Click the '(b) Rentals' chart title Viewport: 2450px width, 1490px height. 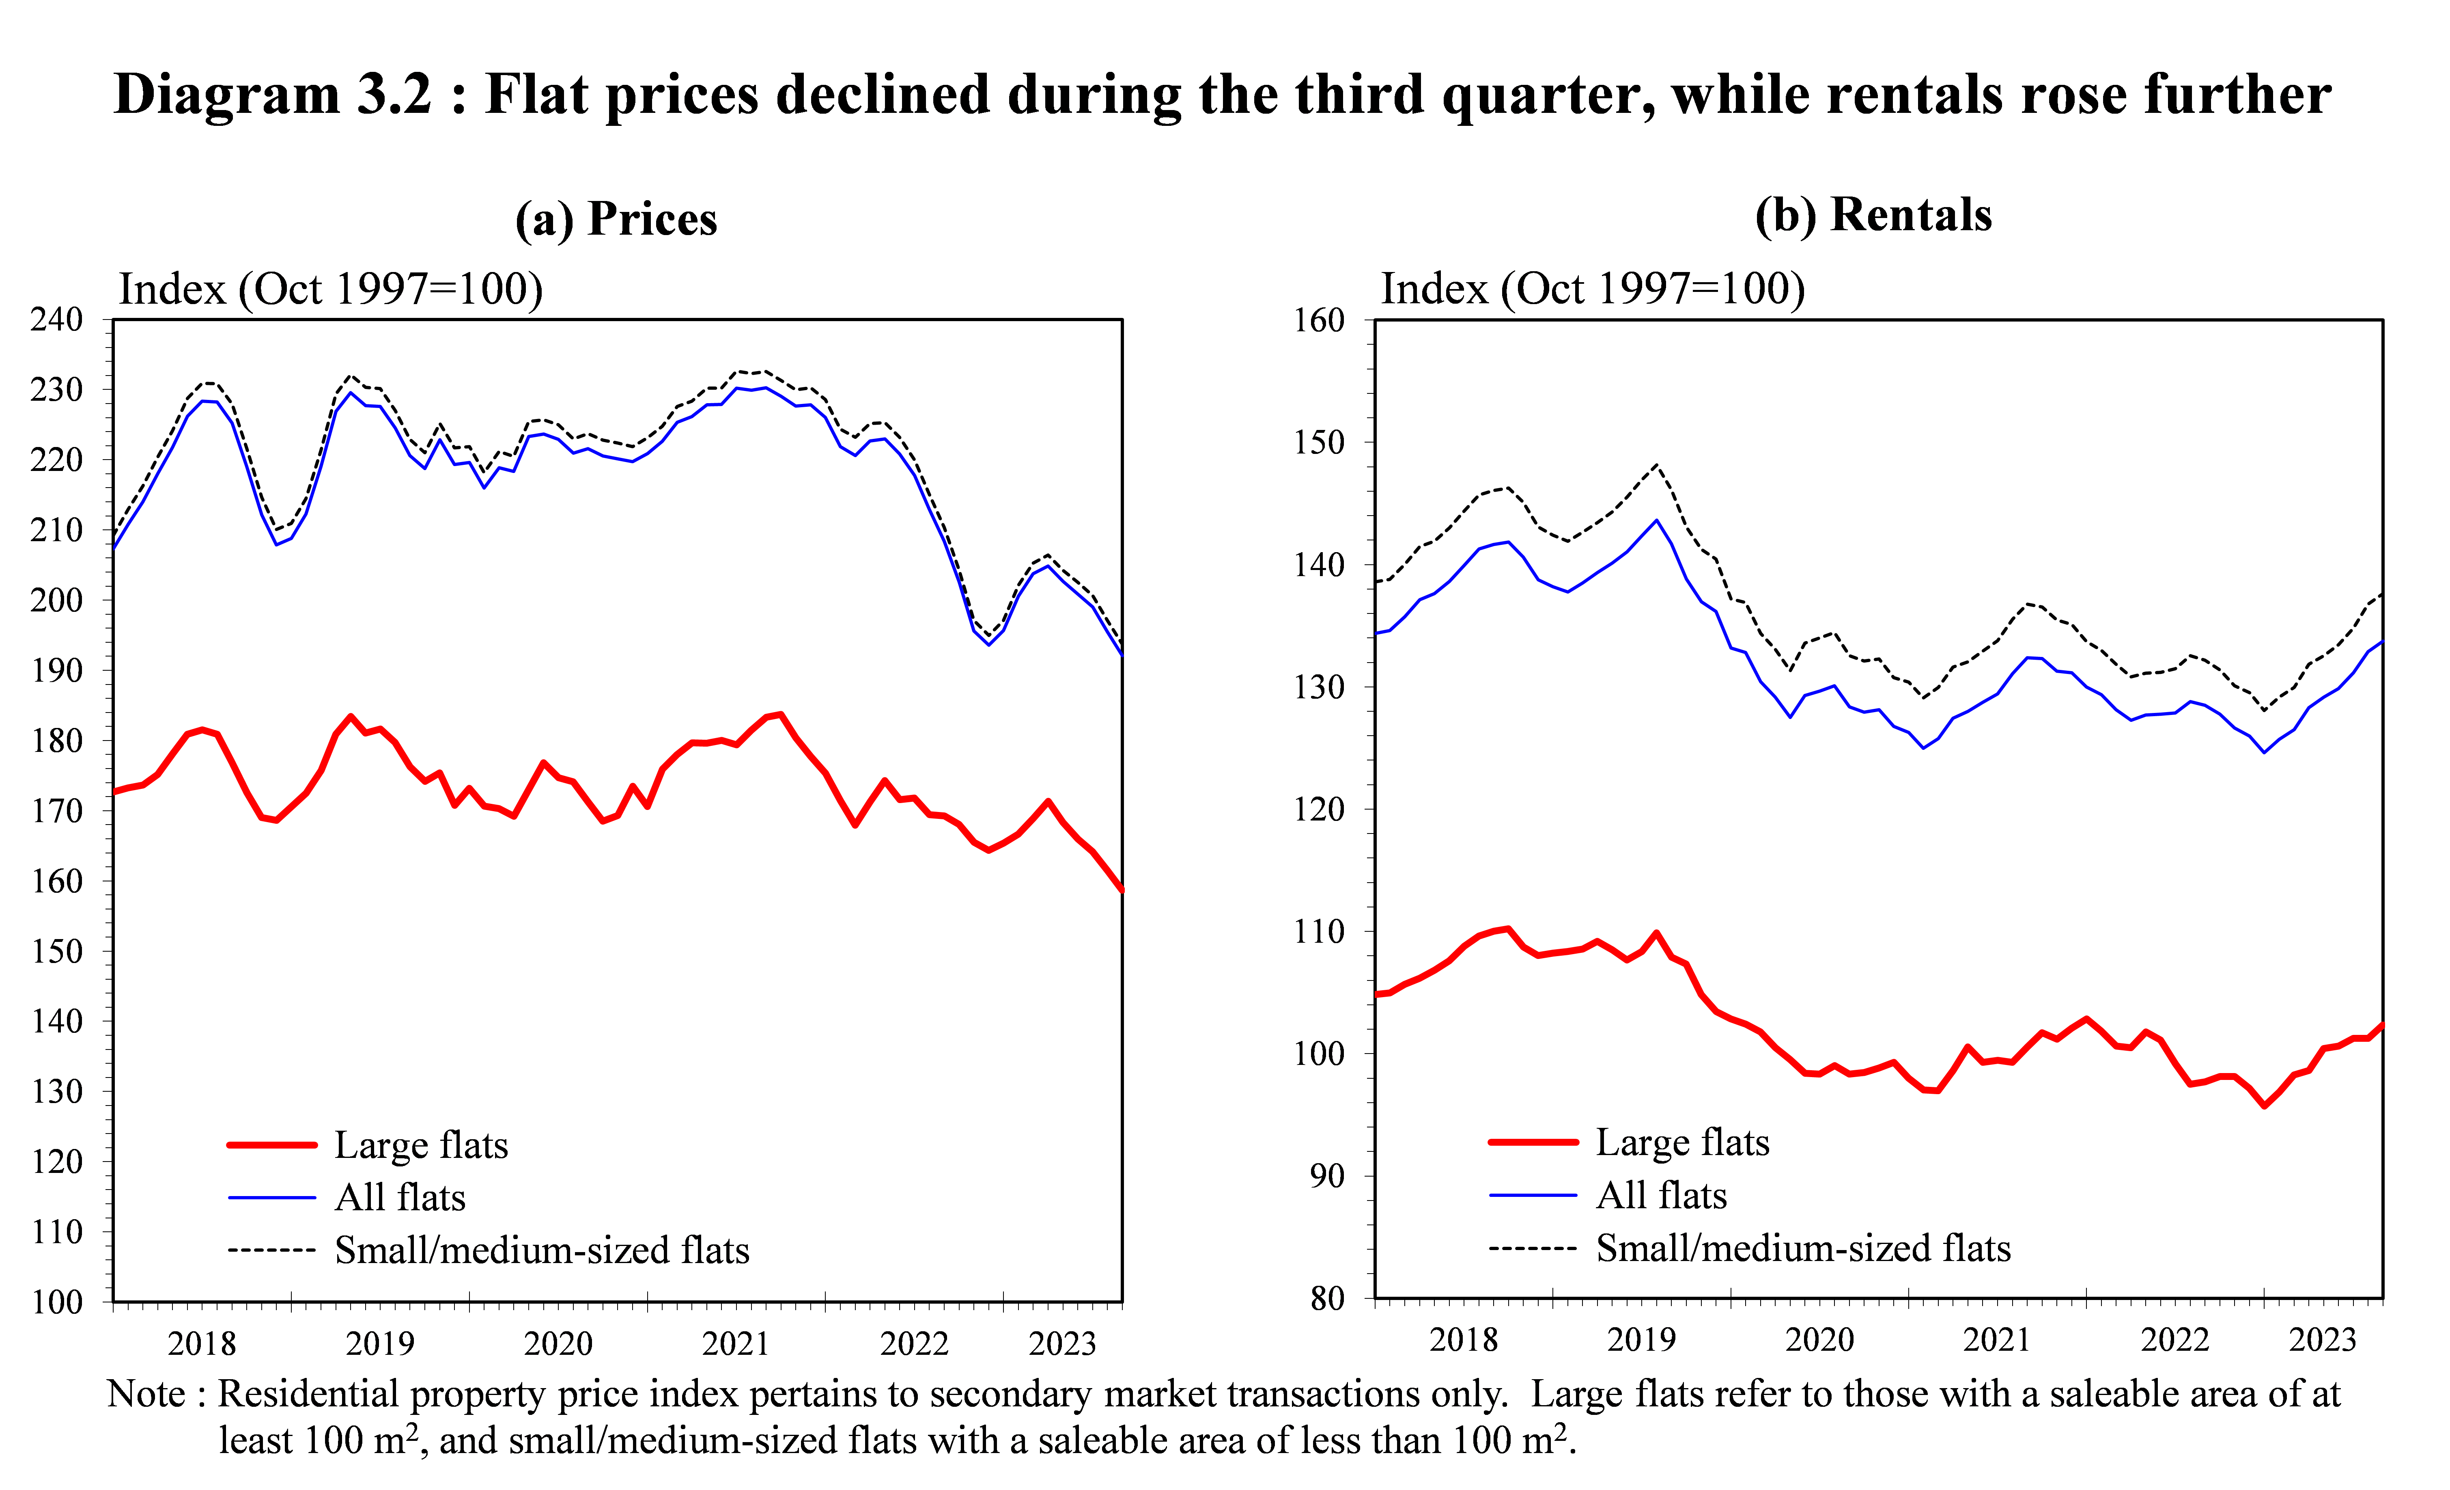[1873, 215]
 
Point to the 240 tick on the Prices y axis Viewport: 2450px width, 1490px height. [57, 319]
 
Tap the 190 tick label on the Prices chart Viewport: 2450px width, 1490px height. [57, 670]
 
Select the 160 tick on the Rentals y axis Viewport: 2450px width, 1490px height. [1318, 320]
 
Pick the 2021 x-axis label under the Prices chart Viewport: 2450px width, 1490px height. [736, 1344]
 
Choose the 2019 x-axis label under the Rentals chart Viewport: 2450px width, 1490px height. [1642, 1340]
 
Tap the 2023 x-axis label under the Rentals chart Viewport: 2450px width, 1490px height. [2323, 1340]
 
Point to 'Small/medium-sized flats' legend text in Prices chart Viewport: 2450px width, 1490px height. [542, 1250]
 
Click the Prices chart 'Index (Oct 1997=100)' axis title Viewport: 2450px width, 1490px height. [331, 289]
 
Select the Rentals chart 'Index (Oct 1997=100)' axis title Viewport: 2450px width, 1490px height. [1593, 288]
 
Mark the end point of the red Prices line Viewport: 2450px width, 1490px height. [1122, 890]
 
